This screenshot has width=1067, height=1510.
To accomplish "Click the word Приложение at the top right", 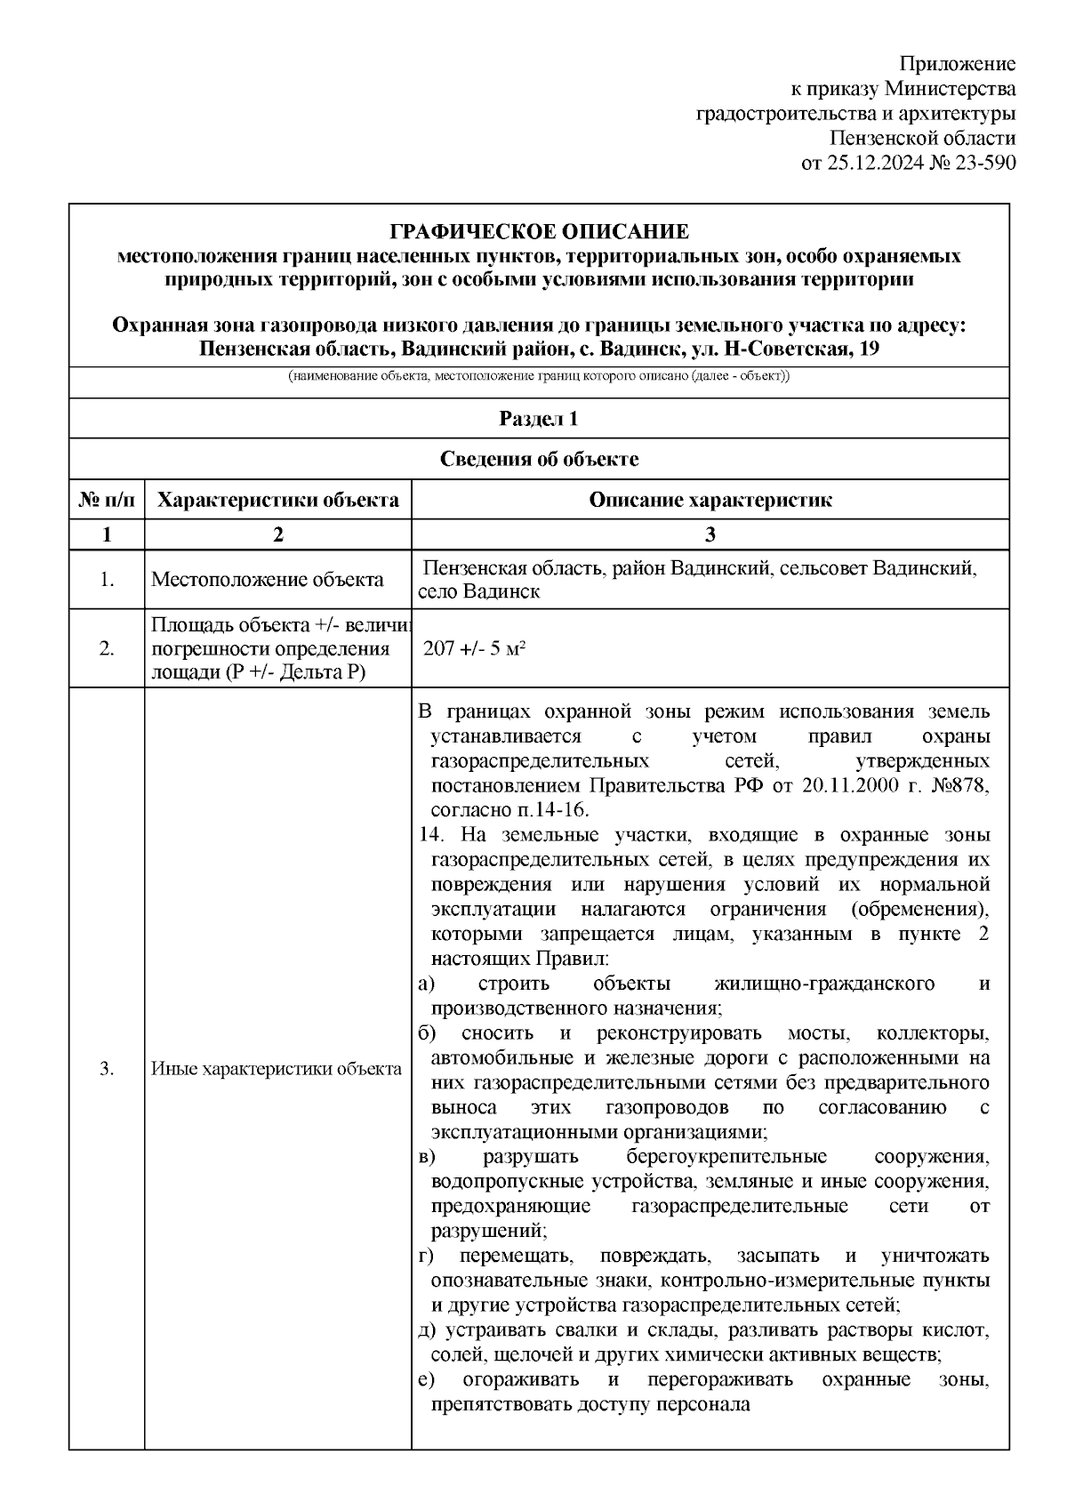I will (957, 64).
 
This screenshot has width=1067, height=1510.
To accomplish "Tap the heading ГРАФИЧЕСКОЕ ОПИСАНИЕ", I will (539, 232).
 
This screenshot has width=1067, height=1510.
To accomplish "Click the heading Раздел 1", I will (539, 419).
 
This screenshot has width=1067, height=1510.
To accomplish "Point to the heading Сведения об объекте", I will (539, 459).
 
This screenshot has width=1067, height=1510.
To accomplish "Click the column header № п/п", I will (107, 500).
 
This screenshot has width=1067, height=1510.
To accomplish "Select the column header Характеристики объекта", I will (277, 500).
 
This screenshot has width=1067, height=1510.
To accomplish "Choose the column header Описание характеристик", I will (710, 500).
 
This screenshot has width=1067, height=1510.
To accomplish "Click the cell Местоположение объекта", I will (267, 580).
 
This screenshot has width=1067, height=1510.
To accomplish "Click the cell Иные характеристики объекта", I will (277, 1069).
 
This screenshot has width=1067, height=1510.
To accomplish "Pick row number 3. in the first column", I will (107, 1069).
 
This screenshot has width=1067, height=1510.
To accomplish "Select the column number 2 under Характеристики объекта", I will (277, 534).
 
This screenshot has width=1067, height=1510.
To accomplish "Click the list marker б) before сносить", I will (426, 1033).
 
